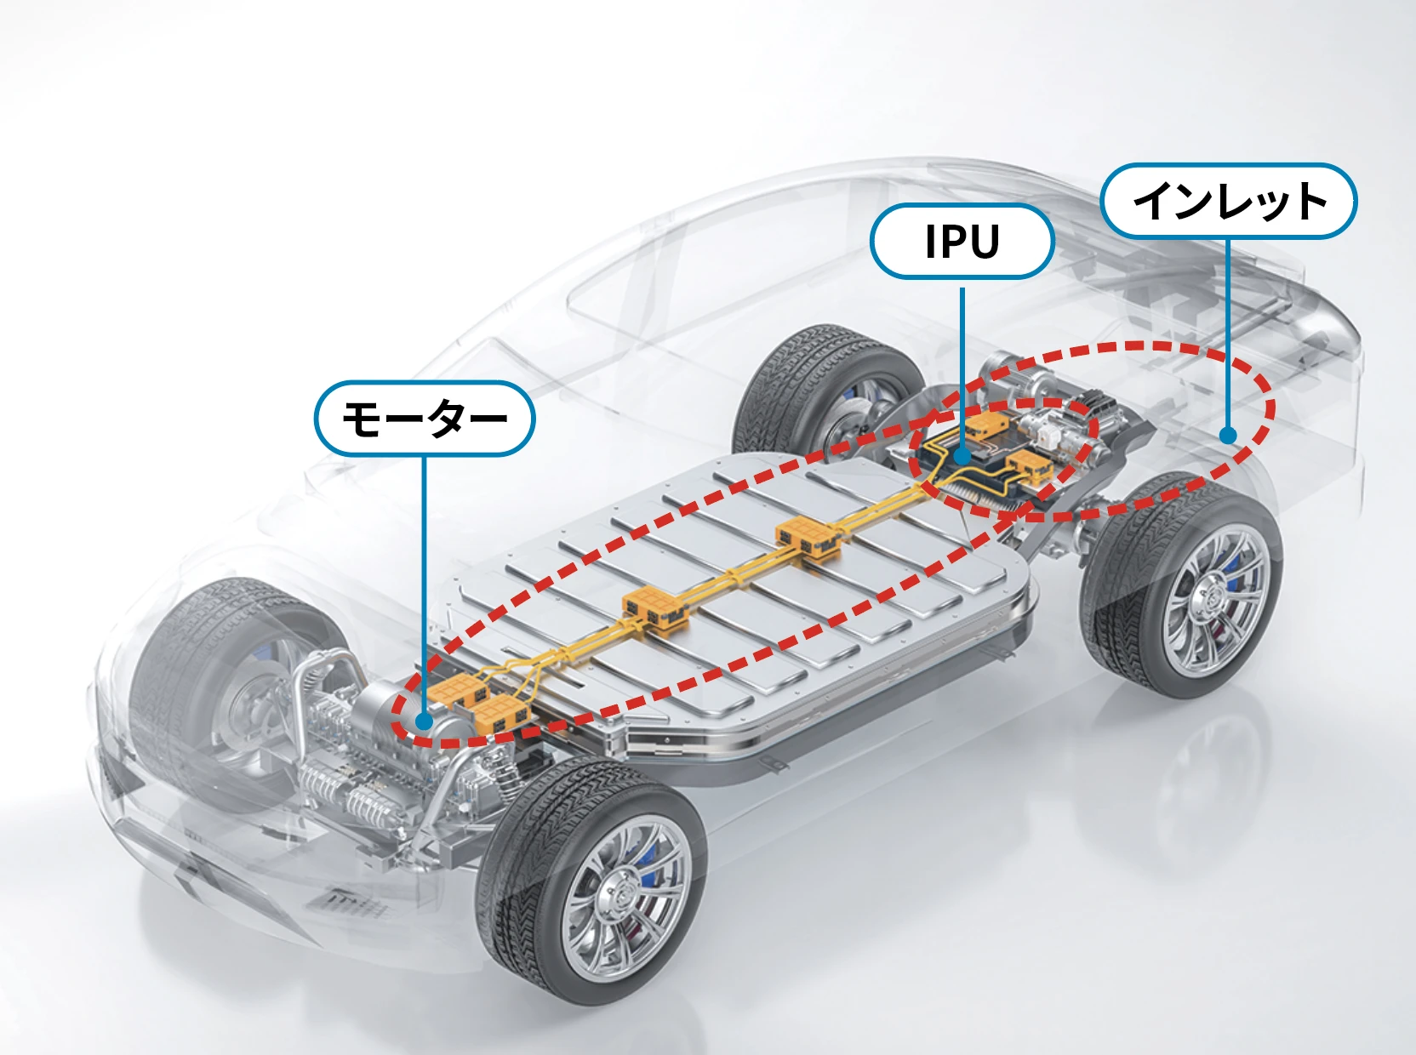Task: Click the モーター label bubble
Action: tap(424, 419)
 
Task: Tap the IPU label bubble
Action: tap(962, 242)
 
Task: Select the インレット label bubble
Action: tap(1228, 201)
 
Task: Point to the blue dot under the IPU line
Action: tap(962, 456)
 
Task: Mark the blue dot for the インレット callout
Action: tap(1227, 436)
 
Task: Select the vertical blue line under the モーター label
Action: tap(424, 579)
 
